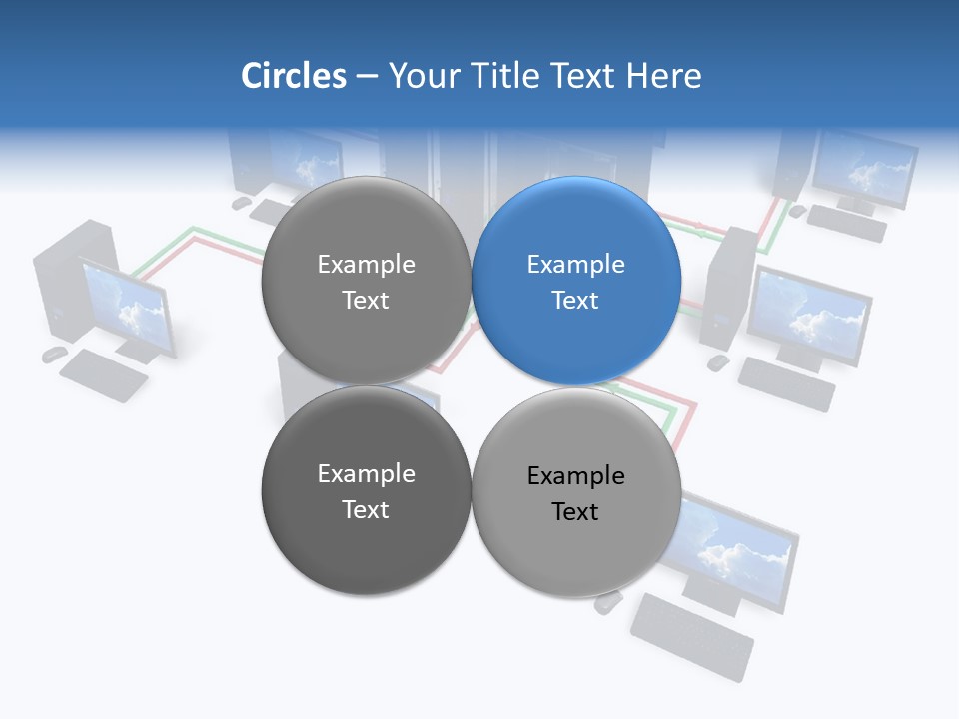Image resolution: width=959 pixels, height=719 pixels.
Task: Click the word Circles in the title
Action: click(x=293, y=76)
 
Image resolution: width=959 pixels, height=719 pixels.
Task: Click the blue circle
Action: click(x=576, y=281)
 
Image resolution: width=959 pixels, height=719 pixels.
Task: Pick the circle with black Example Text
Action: click(x=576, y=492)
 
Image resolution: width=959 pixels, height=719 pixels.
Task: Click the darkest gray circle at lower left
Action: click(x=366, y=490)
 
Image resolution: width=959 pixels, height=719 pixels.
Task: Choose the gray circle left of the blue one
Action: click(x=366, y=281)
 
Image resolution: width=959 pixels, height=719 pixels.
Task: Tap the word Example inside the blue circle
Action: click(x=575, y=265)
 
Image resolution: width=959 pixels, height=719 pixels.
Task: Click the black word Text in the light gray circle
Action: click(x=575, y=512)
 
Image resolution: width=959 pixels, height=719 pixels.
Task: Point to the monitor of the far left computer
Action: click(x=128, y=306)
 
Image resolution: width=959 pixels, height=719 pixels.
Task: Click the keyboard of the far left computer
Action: click(x=103, y=375)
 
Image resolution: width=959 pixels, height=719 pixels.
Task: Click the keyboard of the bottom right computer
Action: click(x=691, y=636)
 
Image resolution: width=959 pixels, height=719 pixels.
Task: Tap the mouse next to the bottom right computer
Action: click(x=607, y=602)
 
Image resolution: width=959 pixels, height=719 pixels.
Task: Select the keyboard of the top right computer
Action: click(x=846, y=223)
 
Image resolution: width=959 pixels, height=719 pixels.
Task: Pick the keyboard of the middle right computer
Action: click(x=786, y=383)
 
